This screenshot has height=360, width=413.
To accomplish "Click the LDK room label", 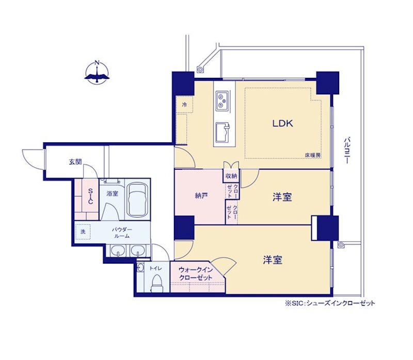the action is pos(282,123).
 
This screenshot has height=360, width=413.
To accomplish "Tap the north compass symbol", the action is pos(97,72).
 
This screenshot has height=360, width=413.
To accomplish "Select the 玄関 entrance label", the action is pos(75,162).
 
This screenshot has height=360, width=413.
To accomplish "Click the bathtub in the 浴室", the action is pos(137,200).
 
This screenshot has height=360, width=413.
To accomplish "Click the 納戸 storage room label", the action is pos(201,195).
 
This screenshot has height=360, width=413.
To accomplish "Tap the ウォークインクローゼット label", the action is pos(196,274).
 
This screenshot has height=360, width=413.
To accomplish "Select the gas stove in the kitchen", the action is pos(221,101).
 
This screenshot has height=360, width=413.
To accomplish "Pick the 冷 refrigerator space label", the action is pos(184,105).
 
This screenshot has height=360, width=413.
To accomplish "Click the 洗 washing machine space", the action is pos(83,232).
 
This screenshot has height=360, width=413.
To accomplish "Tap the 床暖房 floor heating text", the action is pos(313,155).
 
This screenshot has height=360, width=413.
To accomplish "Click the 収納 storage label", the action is pos(231,176).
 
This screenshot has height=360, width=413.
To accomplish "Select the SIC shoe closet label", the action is pos(90,196).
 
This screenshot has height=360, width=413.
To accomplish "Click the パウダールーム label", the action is pos(122,233).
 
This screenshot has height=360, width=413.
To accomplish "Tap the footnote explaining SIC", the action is pos(330,303).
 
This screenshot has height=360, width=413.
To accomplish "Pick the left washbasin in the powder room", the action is pos(118,250).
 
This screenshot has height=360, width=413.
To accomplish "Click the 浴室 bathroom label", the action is pos(112,193).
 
